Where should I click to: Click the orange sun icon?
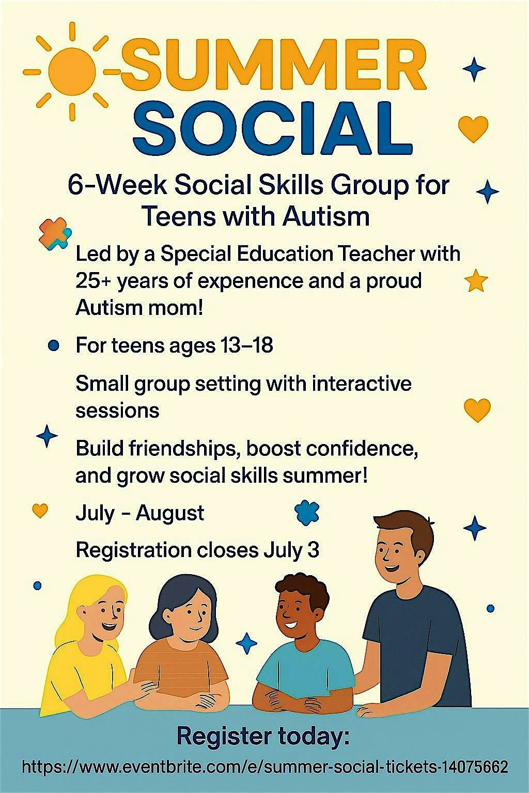pyautogui.click(x=72, y=71)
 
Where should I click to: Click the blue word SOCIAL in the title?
pyautogui.click(x=272, y=128)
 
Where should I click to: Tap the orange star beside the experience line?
pyautogui.click(x=476, y=281)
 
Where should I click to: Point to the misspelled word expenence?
pyautogui.click(x=250, y=281)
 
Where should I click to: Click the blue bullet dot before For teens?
pyautogui.click(x=54, y=345)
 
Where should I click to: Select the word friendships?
pyautogui.click(x=183, y=448)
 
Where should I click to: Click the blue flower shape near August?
pyautogui.click(x=307, y=513)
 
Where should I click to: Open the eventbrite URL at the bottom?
pyautogui.click(x=264, y=767)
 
